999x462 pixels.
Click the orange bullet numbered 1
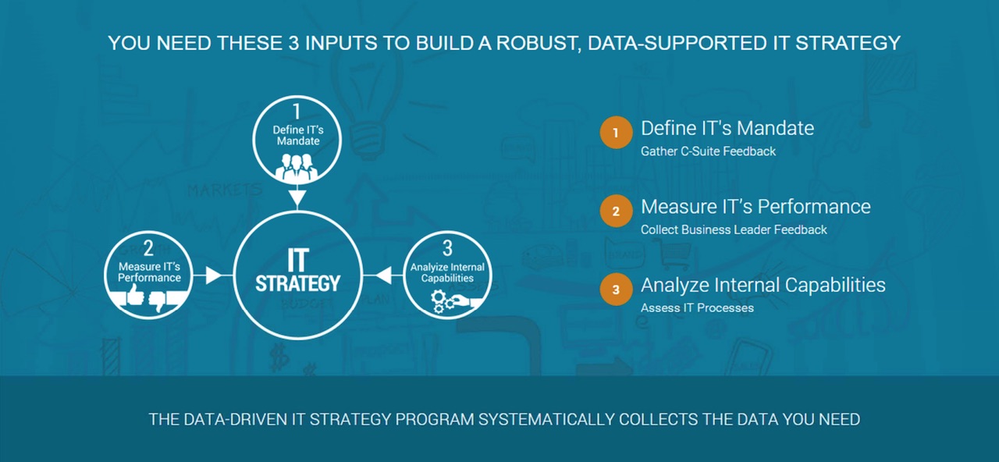(x=616, y=133)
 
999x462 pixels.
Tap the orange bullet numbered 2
(x=616, y=211)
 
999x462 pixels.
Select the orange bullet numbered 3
(x=616, y=290)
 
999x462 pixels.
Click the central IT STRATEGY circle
(x=297, y=275)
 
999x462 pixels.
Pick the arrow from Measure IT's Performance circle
(x=208, y=275)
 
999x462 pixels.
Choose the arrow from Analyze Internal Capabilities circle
(x=386, y=275)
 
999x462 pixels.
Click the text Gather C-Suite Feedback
(x=708, y=151)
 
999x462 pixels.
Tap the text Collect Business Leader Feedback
(x=734, y=229)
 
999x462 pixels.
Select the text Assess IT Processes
(x=697, y=307)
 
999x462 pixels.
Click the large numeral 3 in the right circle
(x=447, y=248)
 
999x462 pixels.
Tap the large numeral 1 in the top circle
(x=297, y=111)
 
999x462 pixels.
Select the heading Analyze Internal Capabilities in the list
(x=763, y=285)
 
